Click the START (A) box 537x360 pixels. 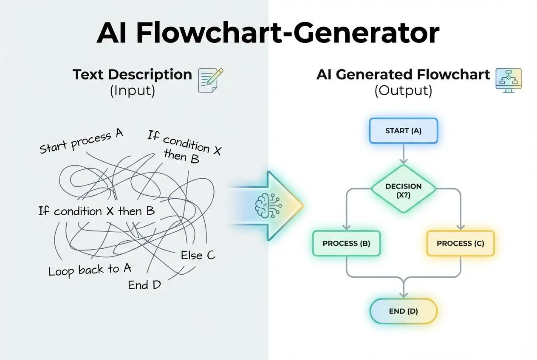[x=403, y=130]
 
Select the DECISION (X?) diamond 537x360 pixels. [x=403, y=189]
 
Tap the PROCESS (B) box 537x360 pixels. [x=346, y=243]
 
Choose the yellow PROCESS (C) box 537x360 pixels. [x=461, y=243]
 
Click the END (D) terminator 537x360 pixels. [x=403, y=311]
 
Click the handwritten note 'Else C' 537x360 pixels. [x=198, y=255]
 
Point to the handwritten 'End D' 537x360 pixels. [x=144, y=285]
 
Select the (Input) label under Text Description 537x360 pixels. [x=132, y=91]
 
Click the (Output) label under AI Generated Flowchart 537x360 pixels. [x=403, y=91]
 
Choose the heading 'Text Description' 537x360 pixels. [x=132, y=75]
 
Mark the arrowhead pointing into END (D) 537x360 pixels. [x=403, y=294]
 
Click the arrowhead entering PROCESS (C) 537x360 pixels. [x=461, y=227]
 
